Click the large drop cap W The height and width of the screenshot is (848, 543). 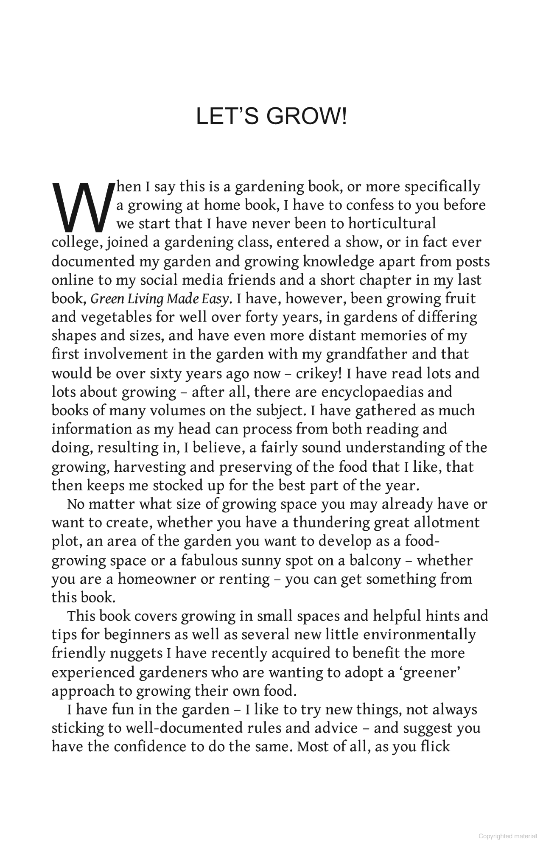click(x=83, y=207)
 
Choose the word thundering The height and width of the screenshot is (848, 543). click(x=332, y=523)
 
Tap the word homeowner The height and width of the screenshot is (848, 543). click(x=157, y=579)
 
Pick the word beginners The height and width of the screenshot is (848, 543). click(x=136, y=635)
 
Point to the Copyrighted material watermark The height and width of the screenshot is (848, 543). click(x=507, y=836)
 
